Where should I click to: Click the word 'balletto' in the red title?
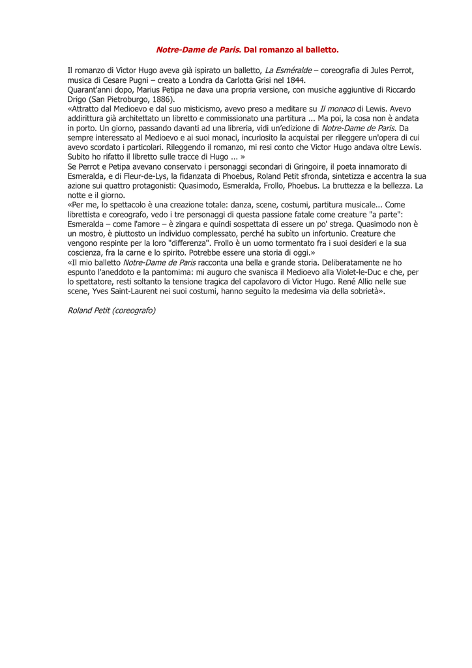pos(318,49)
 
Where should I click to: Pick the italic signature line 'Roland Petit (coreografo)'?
pos(111,311)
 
